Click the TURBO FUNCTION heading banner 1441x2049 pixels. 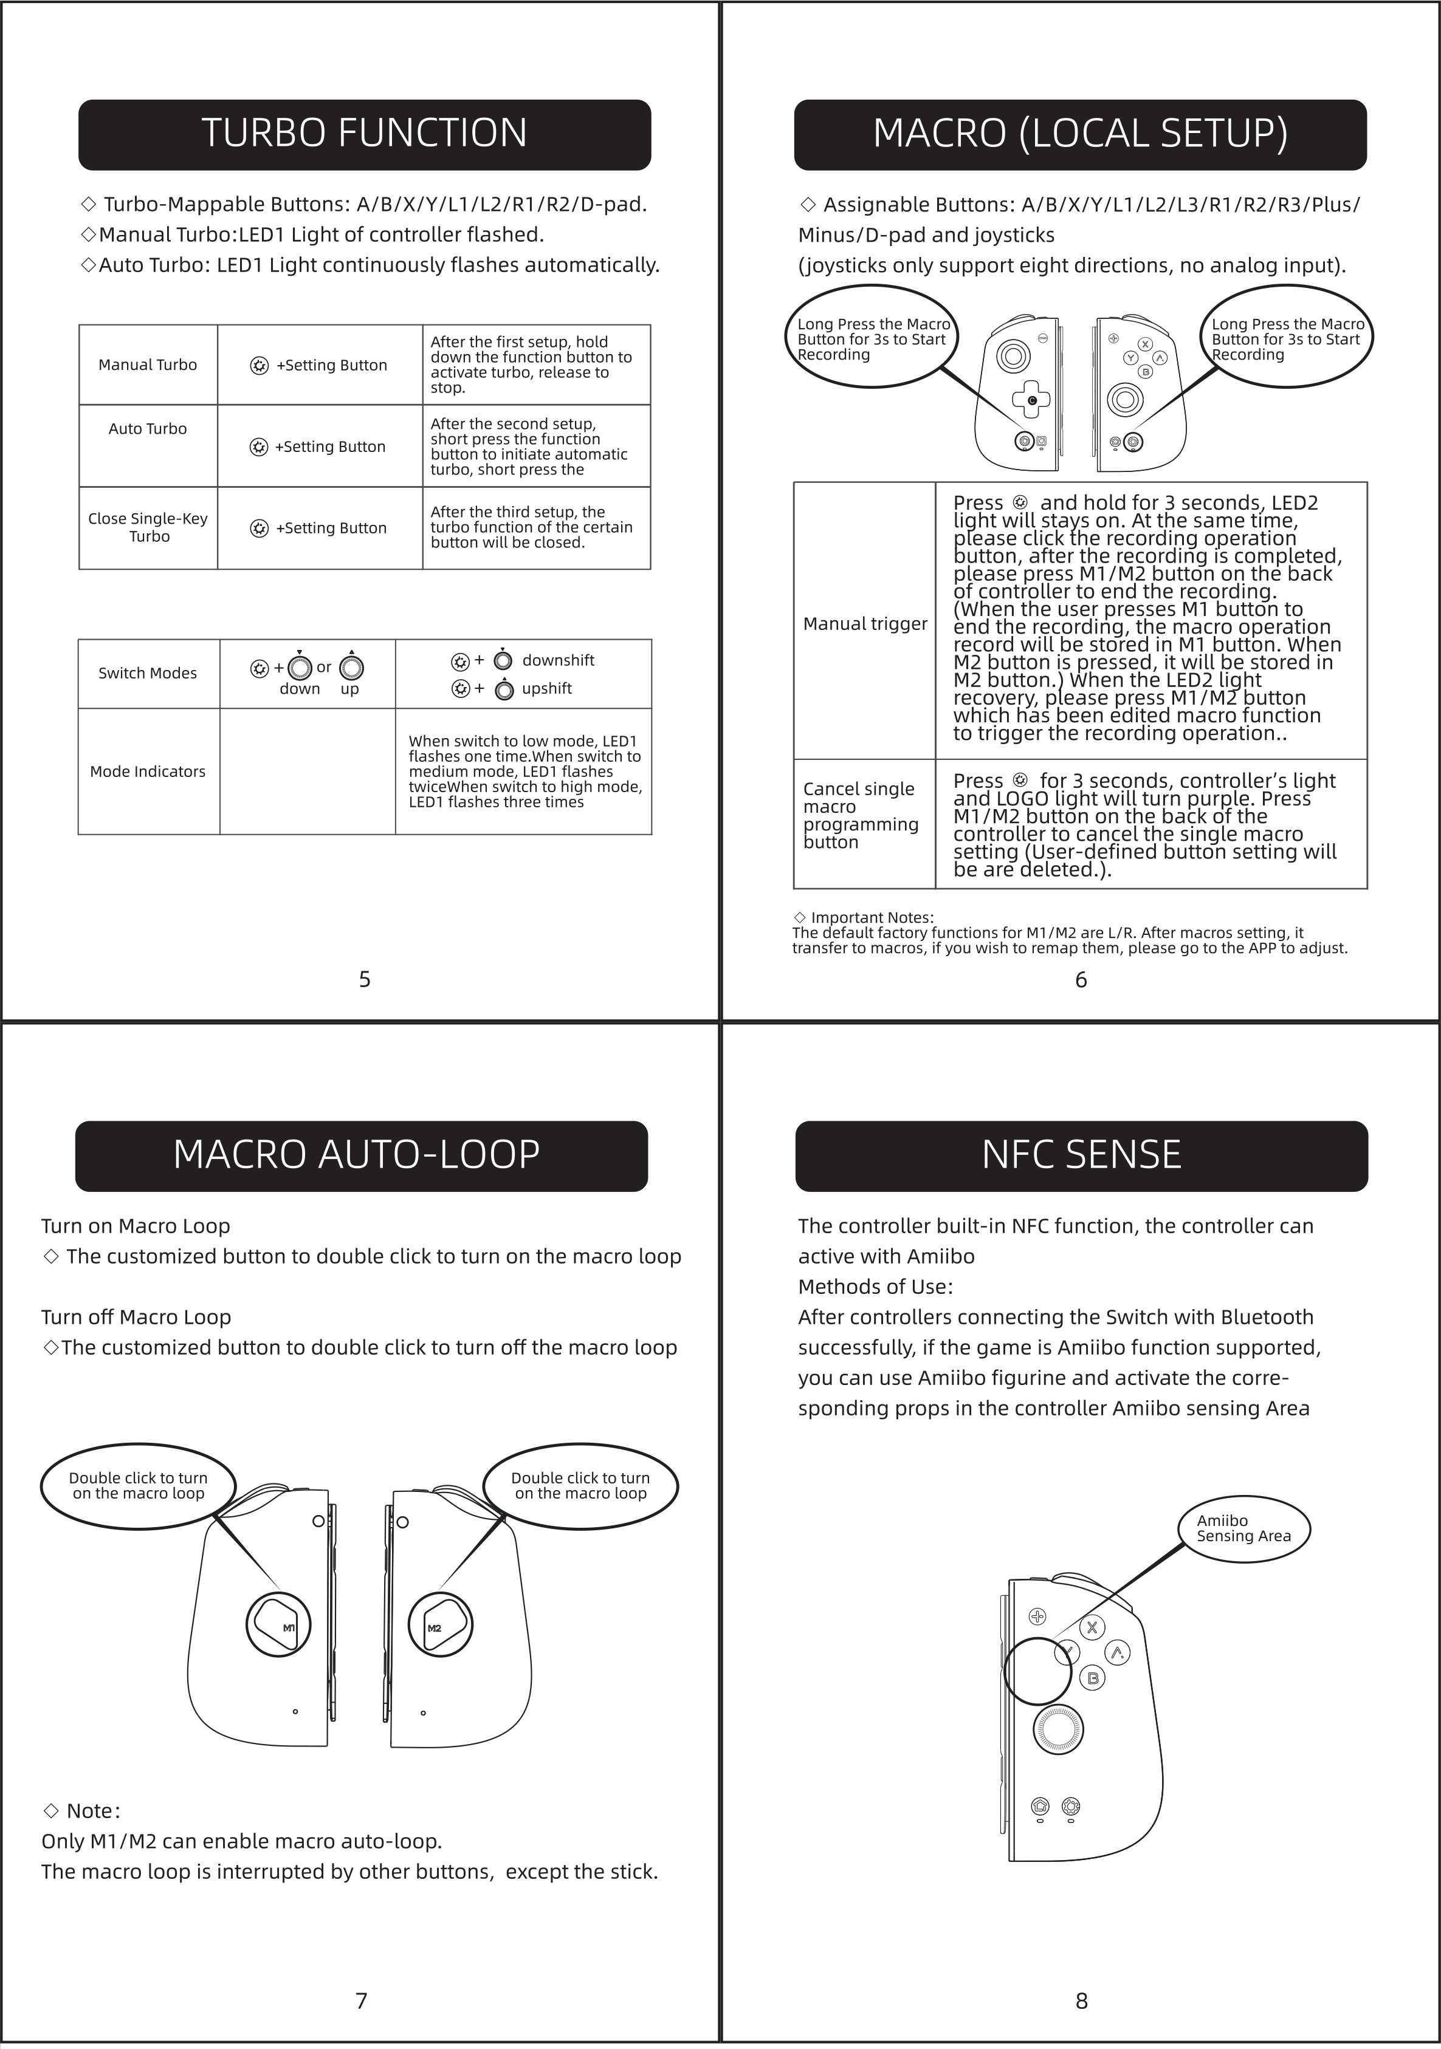click(364, 134)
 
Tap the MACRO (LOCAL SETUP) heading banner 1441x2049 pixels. click(1081, 134)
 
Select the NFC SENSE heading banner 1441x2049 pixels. click(1081, 1155)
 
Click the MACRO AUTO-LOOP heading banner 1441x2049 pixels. click(360, 1155)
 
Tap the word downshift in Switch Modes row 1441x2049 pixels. click(558, 660)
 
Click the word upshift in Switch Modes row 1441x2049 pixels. click(546, 689)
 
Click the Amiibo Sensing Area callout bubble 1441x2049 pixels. click(1245, 1529)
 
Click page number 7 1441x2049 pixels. click(362, 2001)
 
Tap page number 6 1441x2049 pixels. click(1081, 980)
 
